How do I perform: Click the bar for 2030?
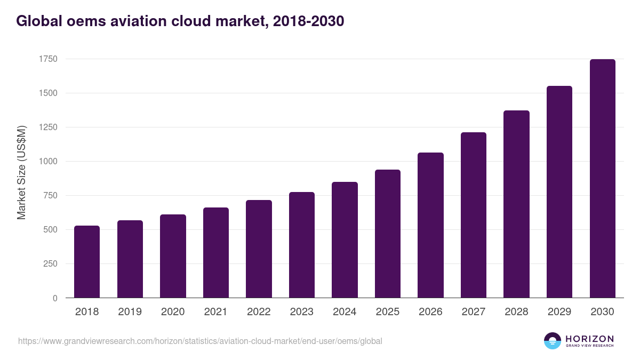coord(603,179)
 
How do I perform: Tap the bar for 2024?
coord(345,240)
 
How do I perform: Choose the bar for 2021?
coord(216,252)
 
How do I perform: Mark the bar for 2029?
coord(559,192)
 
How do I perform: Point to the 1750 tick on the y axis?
coord(48,59)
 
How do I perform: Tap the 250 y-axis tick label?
coord(50,264)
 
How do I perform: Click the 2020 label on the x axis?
coord(173,312)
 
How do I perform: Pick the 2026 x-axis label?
coord(430,312)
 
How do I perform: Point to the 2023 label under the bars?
coord(302,312)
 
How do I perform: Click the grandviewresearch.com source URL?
coord(200,341)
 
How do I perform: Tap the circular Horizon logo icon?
coord(553,341)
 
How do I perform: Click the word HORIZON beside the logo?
coord(589,338)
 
